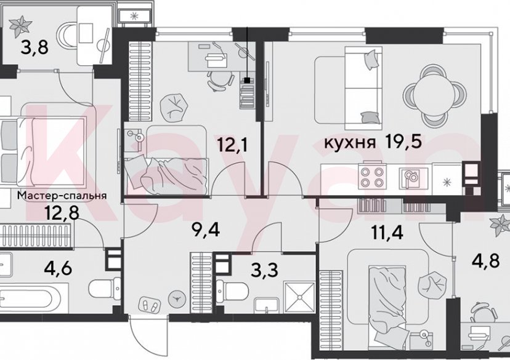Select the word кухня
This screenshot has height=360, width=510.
pyautogui.click(x=350, y=144)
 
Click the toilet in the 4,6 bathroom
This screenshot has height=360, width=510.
pyautogui.click(x=102, y=287)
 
